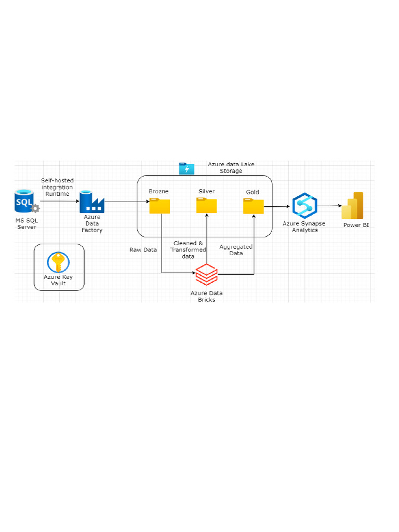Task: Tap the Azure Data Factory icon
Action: click(x=92, y=202)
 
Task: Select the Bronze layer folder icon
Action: click(x=159, y=206)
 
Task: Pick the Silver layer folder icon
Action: click(x=207, y=206)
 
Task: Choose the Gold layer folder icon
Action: click(x=254, y=206)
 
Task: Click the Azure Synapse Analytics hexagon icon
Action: click(x=304, y=206)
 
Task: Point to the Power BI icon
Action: click(x=353, y=206)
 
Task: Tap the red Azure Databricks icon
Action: click(x=207, y=274)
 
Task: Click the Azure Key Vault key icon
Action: click(x=58, y=262)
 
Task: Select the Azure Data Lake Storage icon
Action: click(x=187, y=169)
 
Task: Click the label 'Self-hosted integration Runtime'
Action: click(x=57, y=187)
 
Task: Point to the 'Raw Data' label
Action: click(x=143, y=250)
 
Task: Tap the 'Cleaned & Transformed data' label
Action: click(x=188, y=250)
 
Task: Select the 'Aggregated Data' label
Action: click(x=236, y=250)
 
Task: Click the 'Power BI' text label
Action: click(x=356, y=225)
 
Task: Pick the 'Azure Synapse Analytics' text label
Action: click(x=304, y=227)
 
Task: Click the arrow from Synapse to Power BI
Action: click(x=329, y=206)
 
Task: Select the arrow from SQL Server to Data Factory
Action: click(x=60, y=201)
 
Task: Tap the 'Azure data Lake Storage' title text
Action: click(x=231, y=168)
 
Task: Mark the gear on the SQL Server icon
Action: click(x=35, y=208)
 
